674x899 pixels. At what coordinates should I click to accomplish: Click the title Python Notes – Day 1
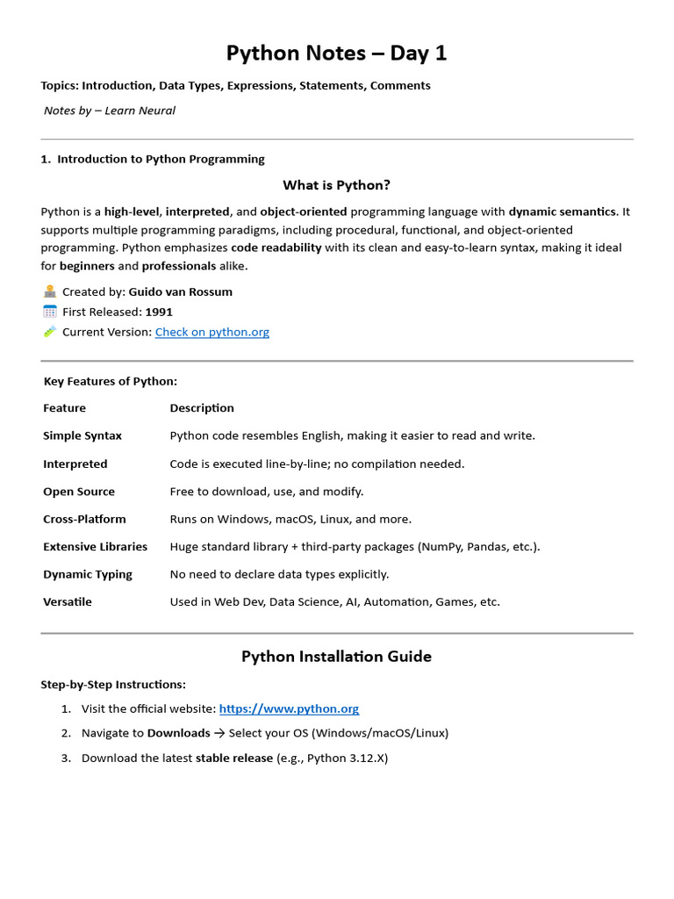click(x=336, y=54)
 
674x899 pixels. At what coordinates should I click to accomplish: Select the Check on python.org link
click(x=212, y=332)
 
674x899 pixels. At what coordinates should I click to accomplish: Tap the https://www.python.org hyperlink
click(x=289, y=708)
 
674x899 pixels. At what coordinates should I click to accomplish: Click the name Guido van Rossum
click(x=180, y=291)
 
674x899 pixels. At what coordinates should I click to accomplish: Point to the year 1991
click(x=159, y=312)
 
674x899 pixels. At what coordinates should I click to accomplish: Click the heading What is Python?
click(x=336, y=185)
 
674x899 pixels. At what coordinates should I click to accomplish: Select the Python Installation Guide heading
click(x=336, y=657)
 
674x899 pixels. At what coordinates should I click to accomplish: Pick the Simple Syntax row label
click(x=82, y=435)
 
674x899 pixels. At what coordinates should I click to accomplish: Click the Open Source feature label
click(x=79, y=492)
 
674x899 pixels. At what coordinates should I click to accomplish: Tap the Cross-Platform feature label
click(x=84, y=519)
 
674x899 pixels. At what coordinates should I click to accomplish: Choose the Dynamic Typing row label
click(x=88, y=574)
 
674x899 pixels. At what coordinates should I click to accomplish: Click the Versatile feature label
click(x=68, y=601)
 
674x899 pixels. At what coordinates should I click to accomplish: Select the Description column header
click(x=202, y=407)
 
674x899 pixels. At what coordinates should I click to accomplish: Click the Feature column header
click(x=64, y=407)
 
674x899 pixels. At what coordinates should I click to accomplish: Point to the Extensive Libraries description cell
click(x=355, y=546)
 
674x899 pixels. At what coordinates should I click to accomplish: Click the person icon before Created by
click(x=49, y=291)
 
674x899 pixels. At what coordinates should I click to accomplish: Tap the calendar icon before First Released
click(x=49, y=312)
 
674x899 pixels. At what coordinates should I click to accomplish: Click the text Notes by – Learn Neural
click(x=110, y=111)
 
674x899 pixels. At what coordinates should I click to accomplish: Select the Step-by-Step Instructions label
click(x=113, y=684)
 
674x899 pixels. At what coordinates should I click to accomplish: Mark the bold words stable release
click(x=233, y=758)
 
